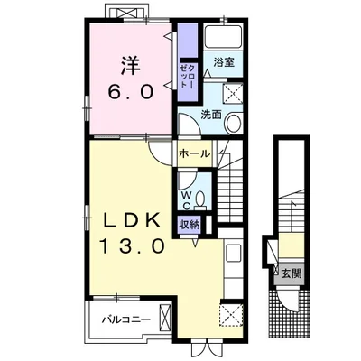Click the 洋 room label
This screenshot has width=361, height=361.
point(131,66)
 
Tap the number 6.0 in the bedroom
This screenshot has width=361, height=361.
point(131,92)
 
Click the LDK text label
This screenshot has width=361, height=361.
point(132,222)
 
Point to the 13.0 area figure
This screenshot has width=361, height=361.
point(132,246)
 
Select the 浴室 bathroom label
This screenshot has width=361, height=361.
point(224,62)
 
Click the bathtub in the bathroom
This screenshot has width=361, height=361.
point(223,37)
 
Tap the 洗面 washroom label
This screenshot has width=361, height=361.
point(211,115)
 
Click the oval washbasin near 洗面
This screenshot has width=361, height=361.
point(233,124)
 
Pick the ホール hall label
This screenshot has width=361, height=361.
point(194,153)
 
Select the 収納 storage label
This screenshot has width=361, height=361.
point(190,225)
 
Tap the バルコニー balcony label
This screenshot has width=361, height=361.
point(125,319)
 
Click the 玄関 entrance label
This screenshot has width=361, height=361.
point(292,273)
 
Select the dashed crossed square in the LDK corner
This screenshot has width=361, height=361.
point(232,314)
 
